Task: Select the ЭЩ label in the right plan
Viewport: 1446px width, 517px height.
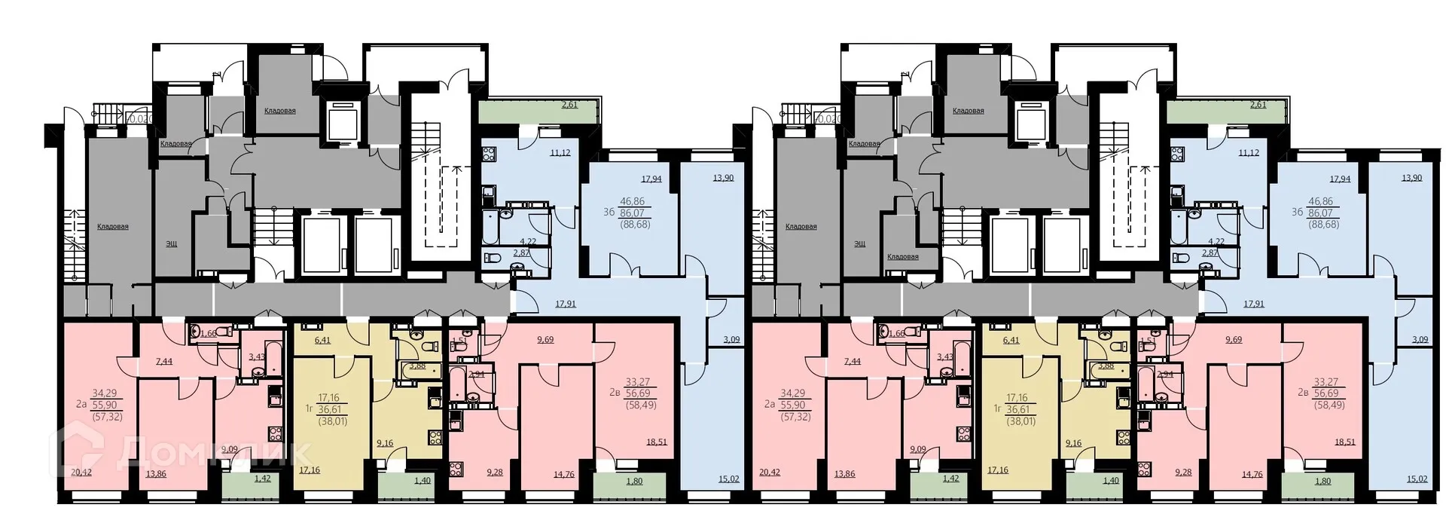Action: (859, 244)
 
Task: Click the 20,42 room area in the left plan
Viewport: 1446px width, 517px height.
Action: (81, 473)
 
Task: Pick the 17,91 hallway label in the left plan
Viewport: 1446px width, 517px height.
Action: (566, 304)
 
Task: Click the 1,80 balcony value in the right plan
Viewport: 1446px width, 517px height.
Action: (1322, 481)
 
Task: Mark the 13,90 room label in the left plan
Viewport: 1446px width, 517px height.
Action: (723, 178)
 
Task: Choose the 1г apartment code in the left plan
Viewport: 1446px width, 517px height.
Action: (308, 409)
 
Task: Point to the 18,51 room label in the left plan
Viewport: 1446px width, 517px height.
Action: (656, 442)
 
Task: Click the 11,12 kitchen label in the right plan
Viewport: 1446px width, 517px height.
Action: (1248, 152)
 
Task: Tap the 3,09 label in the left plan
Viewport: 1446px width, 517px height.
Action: (731, 339)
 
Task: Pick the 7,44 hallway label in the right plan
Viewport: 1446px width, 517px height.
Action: (853, 362)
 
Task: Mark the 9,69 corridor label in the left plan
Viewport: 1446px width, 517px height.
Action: (545, 340)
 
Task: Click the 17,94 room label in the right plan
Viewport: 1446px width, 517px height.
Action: (1339, 179)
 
